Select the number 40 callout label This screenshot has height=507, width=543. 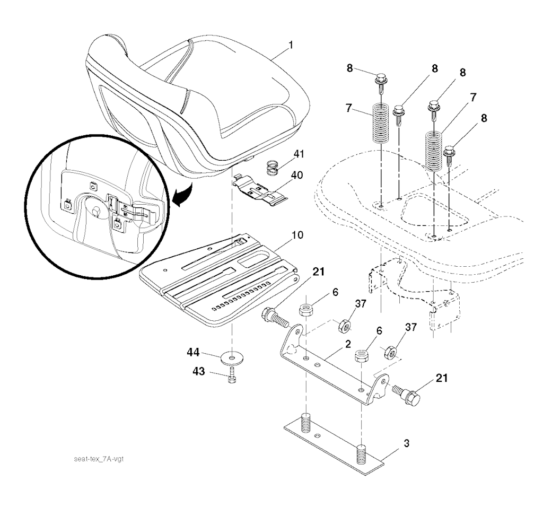click(x=296, y=176)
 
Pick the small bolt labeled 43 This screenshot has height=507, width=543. click(x=232, y=379)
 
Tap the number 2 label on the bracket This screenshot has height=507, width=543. click(x=347, y=344)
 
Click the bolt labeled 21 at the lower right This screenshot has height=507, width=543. click(x=408, y=394)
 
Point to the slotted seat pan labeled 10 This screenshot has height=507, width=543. click(x=223, y=281)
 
